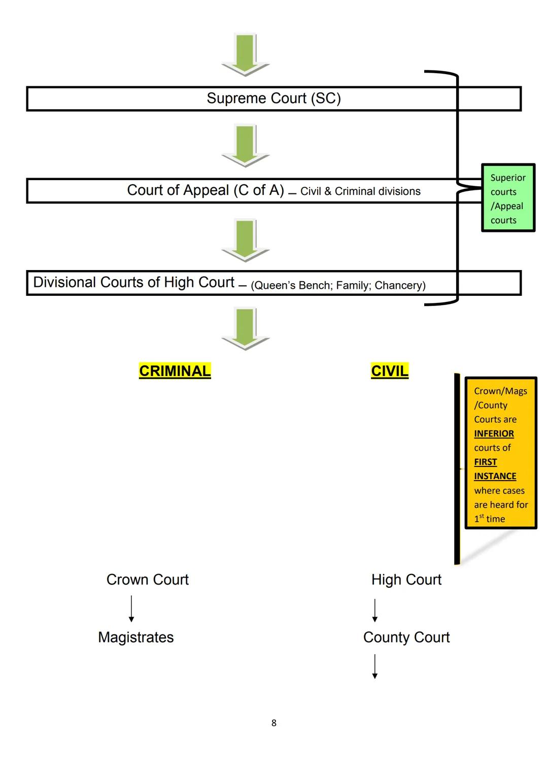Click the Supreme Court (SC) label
pos(273,98)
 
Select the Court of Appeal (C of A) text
pos(205,190)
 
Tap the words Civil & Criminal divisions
pos(360,191)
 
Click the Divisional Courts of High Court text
pos(133,282)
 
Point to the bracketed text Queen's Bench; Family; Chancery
pos(338,285)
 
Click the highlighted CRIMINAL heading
pos(175,371)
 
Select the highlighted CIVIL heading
pos(389,371)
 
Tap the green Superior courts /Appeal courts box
pos(507,198)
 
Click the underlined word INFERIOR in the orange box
pos(494,433)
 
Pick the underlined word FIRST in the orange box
pos(485,462)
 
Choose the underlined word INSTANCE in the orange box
pos(495,476)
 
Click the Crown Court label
pos(147,580)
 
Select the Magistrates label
pos(135,637)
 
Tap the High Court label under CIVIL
pos(406,580)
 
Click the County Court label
pos(406,637)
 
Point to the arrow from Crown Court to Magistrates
pos(131,609)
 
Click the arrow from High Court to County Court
pos(375,610)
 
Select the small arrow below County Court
pos(375,666)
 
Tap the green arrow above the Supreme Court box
pos(246,54)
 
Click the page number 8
pos(274,723)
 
